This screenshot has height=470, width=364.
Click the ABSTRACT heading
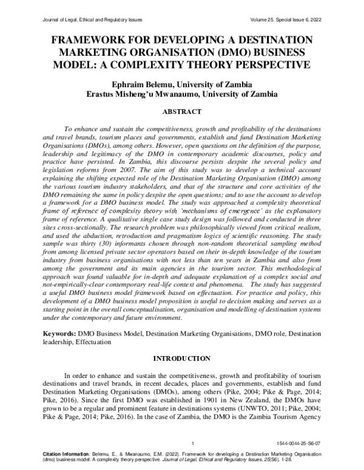coord(182,112)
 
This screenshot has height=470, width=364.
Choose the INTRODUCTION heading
coord(182,358)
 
